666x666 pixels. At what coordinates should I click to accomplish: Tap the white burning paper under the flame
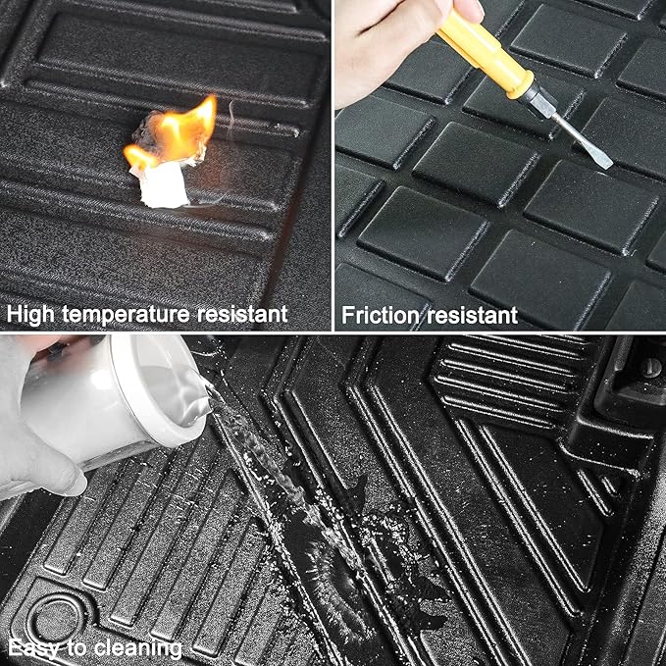pos(164,185)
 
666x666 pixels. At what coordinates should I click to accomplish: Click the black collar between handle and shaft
pos(539,98)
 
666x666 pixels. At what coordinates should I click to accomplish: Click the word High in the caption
pos(30,315)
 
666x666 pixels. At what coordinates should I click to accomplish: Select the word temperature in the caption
pos(126,315)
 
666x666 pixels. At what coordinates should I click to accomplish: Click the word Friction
pos(381,315)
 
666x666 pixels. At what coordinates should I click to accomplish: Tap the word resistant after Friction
pos(473,315)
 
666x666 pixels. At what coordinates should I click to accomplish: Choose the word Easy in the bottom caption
pos(34,648)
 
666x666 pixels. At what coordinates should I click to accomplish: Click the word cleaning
pos(138,648)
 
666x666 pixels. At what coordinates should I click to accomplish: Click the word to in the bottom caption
pos(77,648)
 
